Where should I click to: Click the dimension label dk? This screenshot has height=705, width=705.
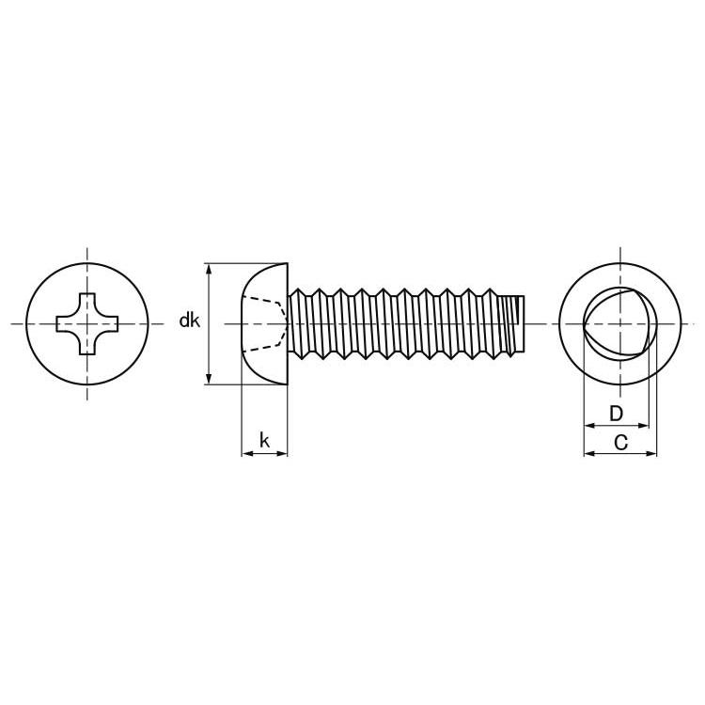click(x=189, y=321)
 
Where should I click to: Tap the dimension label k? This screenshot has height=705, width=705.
click(x=264, y=440)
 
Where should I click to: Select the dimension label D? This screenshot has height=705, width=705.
click(x=616, y=414)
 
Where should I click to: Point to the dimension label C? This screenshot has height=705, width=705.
click(x=620, y=443)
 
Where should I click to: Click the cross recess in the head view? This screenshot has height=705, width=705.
click(x=87, y=323)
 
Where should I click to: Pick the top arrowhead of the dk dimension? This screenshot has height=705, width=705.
click(x=209, y=269)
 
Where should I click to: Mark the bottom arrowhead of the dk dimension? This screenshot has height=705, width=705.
click(x=209, y=379)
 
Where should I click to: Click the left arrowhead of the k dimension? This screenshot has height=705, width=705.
click(x=247, y=454)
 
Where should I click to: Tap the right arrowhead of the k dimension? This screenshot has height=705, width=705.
click(x=281, y=454)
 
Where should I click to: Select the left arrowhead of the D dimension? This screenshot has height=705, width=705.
click(x=589, y=425)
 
